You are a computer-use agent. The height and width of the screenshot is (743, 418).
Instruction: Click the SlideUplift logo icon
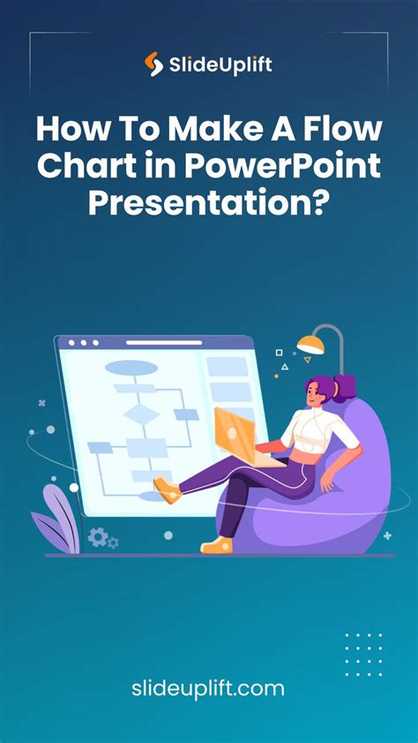coord(154,64)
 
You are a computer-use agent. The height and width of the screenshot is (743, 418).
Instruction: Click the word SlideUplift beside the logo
coord(220,64)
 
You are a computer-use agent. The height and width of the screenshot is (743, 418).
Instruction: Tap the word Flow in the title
coord(349,131)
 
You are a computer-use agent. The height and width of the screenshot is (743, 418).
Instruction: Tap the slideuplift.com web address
coord(209,687)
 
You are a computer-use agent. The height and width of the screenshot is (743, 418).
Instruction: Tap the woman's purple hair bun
coord(344,386)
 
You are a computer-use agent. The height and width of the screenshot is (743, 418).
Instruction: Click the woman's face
coord(315,397)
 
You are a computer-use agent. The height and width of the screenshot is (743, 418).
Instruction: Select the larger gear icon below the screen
coord(98,536)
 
